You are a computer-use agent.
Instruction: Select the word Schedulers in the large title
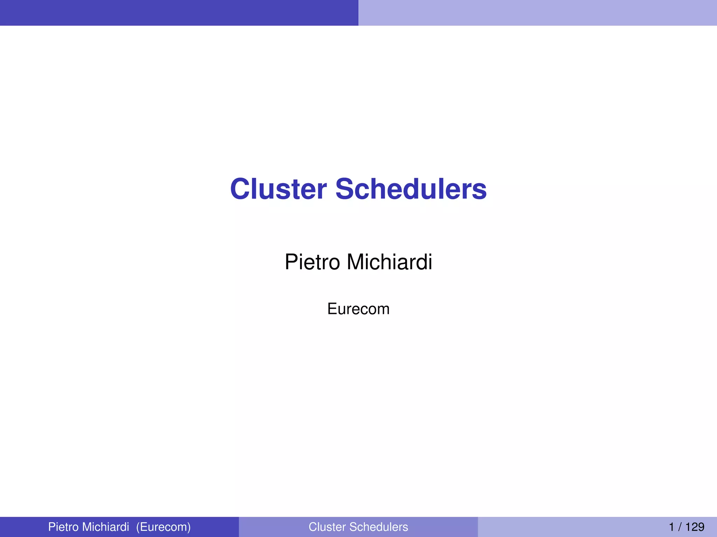pos(411,189)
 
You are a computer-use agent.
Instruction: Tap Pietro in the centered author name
pos(312,262)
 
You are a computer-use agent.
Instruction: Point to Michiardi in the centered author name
pos(389,262)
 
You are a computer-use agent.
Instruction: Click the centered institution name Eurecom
pos(358,309)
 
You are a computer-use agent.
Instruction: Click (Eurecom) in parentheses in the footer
pos(163,527)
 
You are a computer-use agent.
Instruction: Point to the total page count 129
pos(695,527)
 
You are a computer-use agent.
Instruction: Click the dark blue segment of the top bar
pos(179,13)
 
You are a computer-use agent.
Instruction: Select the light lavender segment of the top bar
pos(538,13)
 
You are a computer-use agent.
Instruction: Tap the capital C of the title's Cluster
pos(241,189)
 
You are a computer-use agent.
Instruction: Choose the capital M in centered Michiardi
pos(355,262)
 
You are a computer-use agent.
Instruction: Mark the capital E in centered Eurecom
pos(332,309)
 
